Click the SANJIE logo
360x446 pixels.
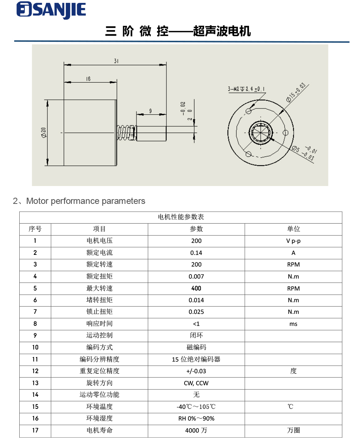(x=51, y=10)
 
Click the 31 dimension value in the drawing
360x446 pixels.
(x=116, y=61)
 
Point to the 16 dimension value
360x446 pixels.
(x=88, y=78)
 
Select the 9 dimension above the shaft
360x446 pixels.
(x=150, y=111)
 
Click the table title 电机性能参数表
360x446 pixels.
(x=181, y=217)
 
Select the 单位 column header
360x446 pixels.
(x=293, y=229)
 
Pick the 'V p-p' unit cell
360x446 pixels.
(x=293, y=241)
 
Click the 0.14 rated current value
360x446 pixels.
(x=196, y=253)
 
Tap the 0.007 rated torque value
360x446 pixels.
(x=196, y=276)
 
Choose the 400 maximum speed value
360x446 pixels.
(x=196, y=288)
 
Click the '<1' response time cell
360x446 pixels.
(x=196, y=324)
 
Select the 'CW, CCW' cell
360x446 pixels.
(x=196, y=383)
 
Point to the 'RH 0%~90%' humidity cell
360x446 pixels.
(x=196, y=418)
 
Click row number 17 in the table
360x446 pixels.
(x=35, y=430)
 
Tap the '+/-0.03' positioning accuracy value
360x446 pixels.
(x=196, y=371)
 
